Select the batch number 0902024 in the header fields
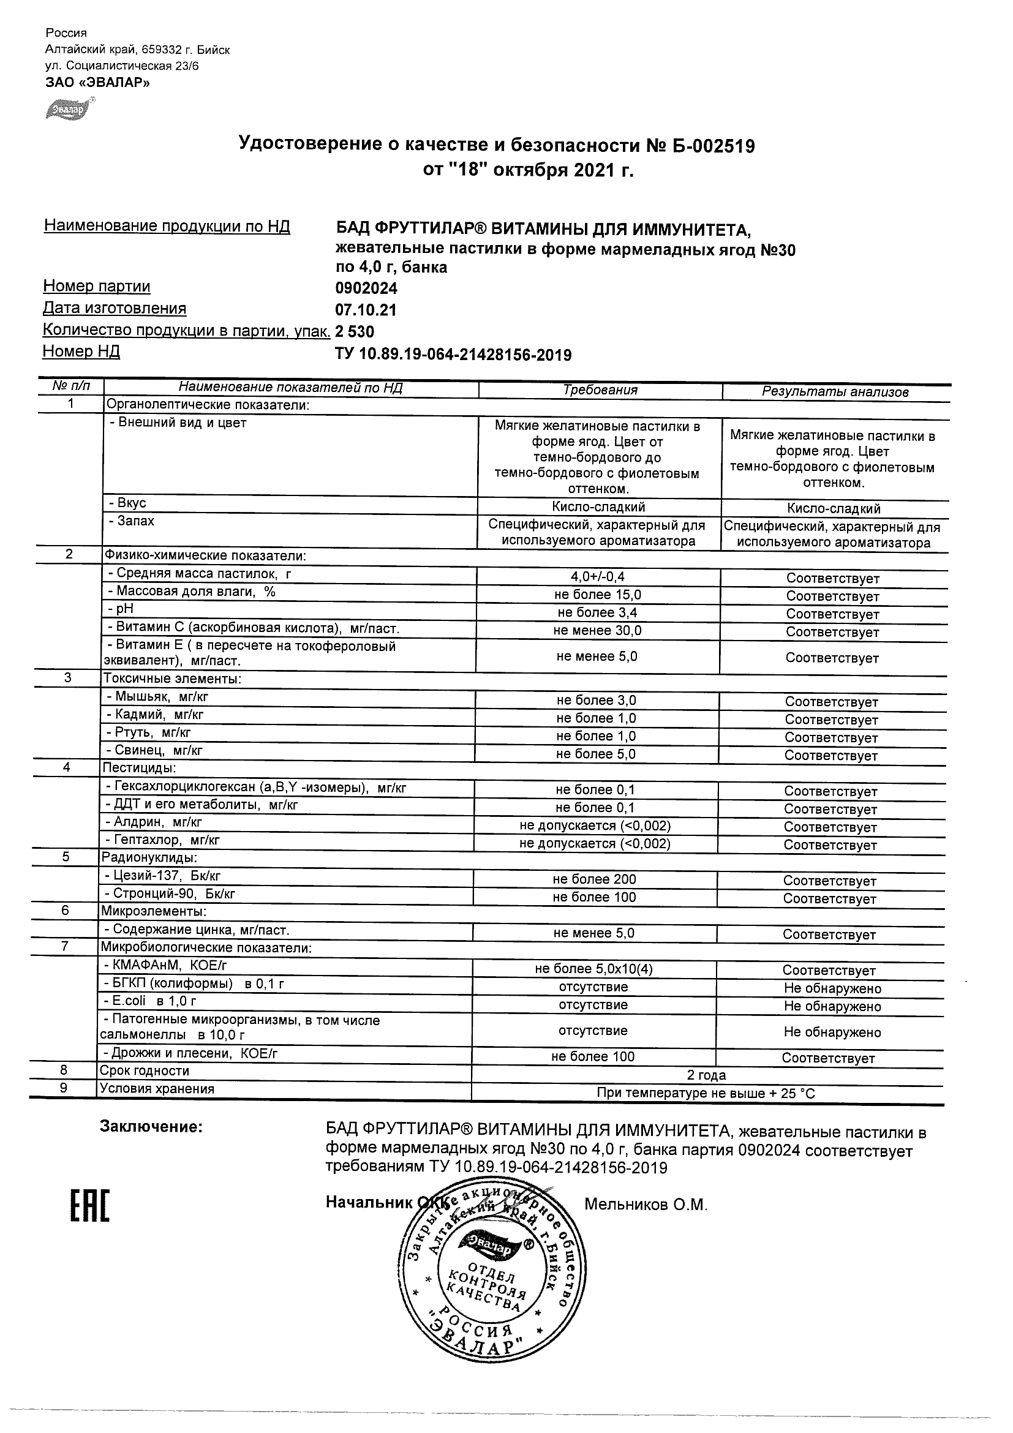click(x=366, y=288)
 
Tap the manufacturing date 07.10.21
click(x=366, y=310)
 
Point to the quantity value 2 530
click(x=355, y=331)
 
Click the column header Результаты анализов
click(x=835, y=392)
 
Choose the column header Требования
click(x=600, y=390)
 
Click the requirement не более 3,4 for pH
click(x=597, y=612)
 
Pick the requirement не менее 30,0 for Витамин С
click(x=597, y=630)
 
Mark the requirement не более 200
click(x=594, y=879)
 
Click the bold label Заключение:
click(x=151, y=1127)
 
